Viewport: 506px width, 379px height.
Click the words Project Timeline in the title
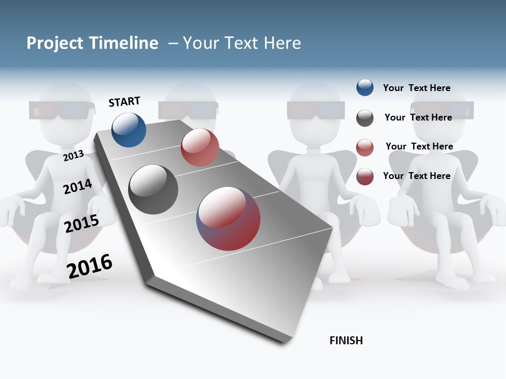[x=92, y=43]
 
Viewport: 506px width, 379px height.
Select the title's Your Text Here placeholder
[x=242, y=43]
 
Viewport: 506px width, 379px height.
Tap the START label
[x=124, y=102]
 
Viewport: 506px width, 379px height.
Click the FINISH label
[x=346, y=341]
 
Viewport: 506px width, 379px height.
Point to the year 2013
[x=73, y=156]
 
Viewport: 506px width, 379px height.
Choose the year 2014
[x=77, y=186]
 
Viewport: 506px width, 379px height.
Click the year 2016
[x=90, y=266]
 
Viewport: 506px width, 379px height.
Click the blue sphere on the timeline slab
[x=129, y=129]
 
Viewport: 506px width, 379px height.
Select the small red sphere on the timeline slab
[x=200, y=147]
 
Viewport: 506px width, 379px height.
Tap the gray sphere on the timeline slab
[x=153, y=189]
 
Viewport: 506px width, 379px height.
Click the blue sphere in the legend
[x=365, y=88]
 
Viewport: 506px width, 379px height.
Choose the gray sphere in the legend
[x=365, y=118]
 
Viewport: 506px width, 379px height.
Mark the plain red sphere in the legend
[x=365, y=147]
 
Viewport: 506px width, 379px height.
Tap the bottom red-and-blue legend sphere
[x=365, y=176]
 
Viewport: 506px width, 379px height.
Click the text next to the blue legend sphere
[x=416, y=88]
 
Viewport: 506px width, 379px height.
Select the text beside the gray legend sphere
[x=418, y=117]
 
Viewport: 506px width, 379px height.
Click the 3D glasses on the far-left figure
[x=62, y=110]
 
